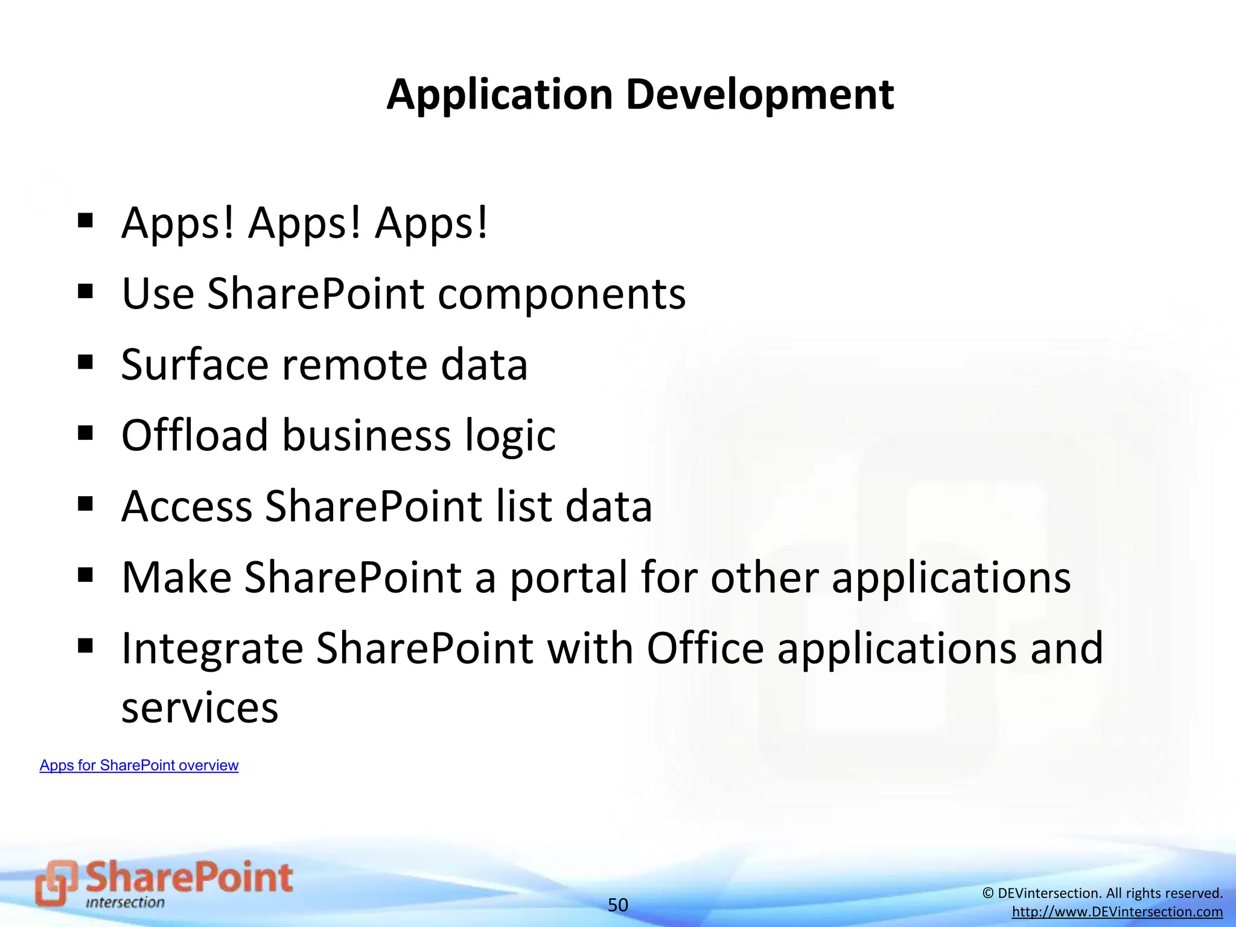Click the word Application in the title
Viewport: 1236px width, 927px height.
click(x=500, y=95)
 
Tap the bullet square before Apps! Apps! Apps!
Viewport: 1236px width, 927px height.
click(x=85, y=221)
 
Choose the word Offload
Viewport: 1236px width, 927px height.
click(x=194, y=435)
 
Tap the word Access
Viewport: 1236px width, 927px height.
click(x=186, y=506)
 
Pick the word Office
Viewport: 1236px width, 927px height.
click(x=706, y=648)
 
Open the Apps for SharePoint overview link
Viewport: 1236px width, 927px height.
click(x=139, y=765)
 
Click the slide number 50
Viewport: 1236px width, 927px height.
click(x=617, y=905)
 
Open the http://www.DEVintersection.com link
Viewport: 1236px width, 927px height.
click(x=1117, y=912)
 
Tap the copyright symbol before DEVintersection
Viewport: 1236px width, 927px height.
click(x=988, y=893)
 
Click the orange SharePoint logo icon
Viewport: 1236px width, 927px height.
click(x=56, y=883)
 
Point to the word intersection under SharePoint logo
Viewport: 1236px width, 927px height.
click(x=125, y=903)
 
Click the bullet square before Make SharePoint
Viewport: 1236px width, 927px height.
click(x=85, y=575)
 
